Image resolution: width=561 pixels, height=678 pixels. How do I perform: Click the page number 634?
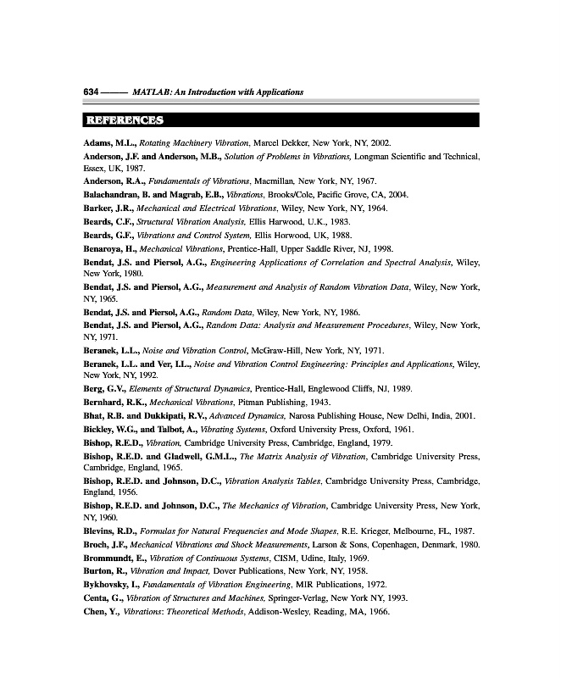pos(92,91)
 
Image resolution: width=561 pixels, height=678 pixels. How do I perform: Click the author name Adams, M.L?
pos(108,143)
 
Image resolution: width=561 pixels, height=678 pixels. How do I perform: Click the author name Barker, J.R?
pos(108,208)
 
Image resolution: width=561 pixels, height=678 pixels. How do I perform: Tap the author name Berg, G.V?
pos(106,387)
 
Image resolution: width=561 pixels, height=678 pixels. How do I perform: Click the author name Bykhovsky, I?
pos(118,585)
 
